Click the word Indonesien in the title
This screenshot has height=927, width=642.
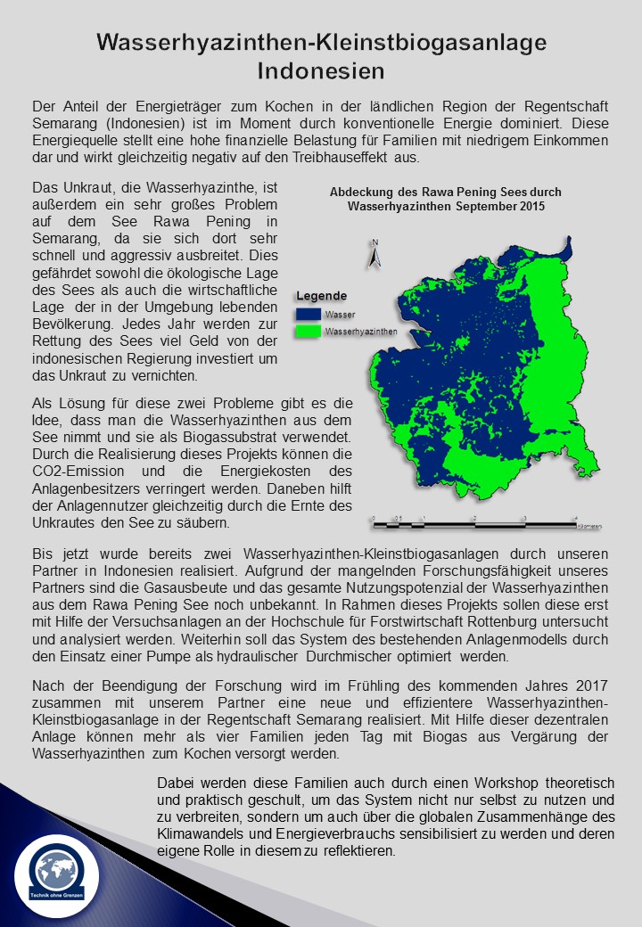(321, 70)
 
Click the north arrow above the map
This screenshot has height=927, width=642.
(375, 254)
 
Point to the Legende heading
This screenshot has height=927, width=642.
(322, 296)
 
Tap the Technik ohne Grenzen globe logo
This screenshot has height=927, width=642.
(57, 870)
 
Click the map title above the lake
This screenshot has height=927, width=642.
(446, 198)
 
